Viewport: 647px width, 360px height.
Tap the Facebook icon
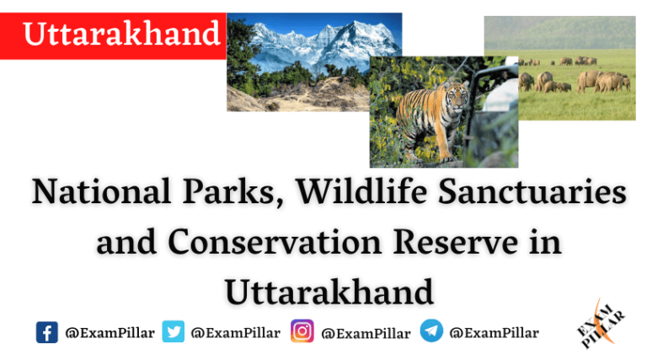pyautogui.click(x=47, y=332)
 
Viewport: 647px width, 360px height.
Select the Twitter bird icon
pyautogui.click(x=174, y=332)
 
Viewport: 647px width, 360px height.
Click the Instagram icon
pyautogui.click(x=302, y=332)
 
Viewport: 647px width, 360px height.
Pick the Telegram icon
pyautogui.click(x=431, y=332)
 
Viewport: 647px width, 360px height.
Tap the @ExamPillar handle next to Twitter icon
pyautogui.click(x=236, y=333)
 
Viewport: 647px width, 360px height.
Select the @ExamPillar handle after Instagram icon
pyautogui.click(x=366, y=333)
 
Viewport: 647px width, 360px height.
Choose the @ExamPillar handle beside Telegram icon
pyautogui.click(x=494, y=333)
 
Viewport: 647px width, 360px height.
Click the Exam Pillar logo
pyautogui.click(x=601, y=325)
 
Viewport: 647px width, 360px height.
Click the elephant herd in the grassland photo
pyautogui.click(x=581, y=79)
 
